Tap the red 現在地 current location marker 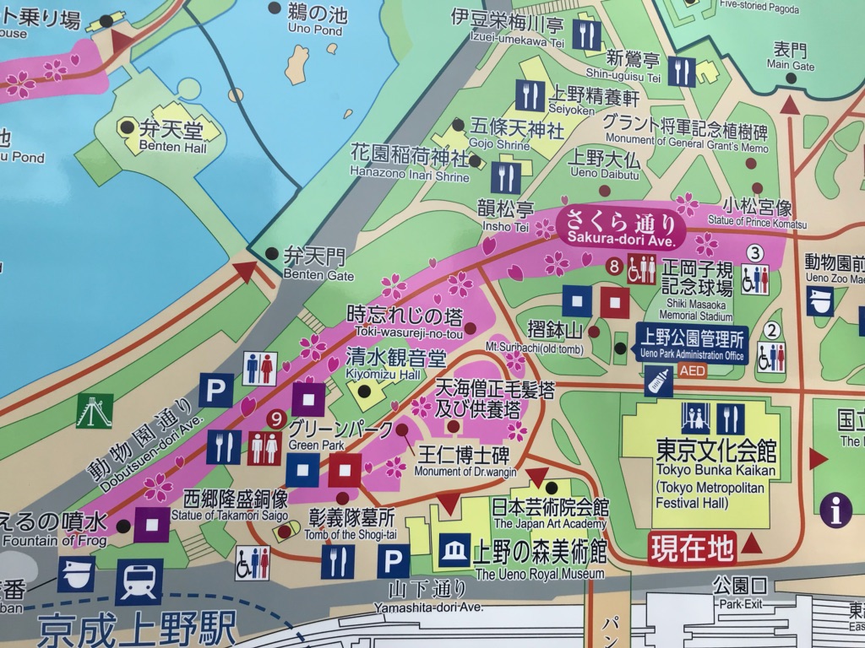tap(691, 548)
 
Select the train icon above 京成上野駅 tap(139, 581)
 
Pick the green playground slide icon tap(90, 411)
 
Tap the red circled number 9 tap(274, 417)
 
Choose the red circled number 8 tap(615, 267)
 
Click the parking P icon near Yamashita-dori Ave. tap(393, 562)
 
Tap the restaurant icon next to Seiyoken tap(530, 95)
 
